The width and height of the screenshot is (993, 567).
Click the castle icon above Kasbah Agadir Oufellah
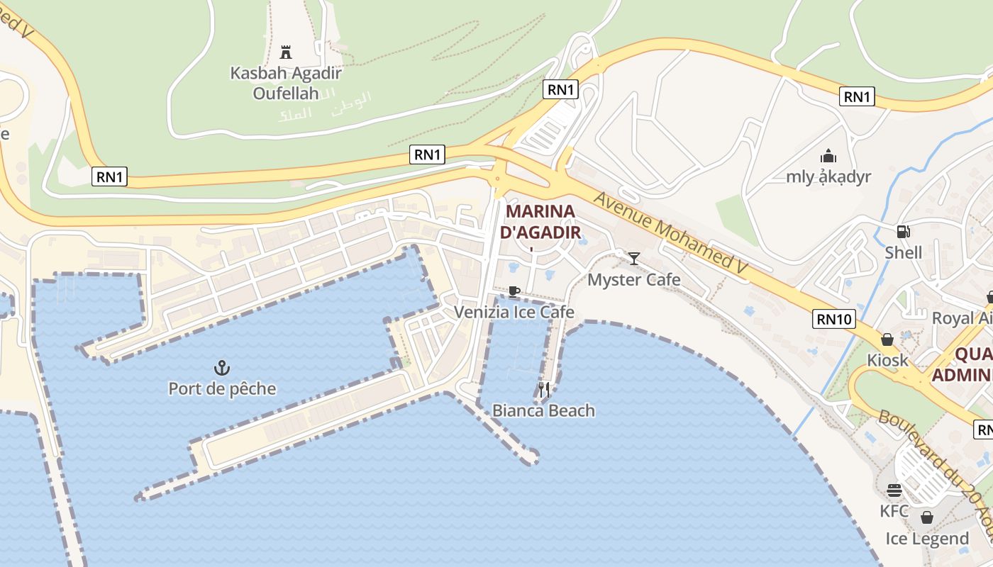click(286, 52)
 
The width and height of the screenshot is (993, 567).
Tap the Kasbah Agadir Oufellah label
click(286, 82)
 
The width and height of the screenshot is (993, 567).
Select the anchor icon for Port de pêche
click(222, 367)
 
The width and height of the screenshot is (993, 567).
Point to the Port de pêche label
click(222, 388)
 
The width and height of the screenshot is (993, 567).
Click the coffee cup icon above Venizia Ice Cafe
click(514, 291)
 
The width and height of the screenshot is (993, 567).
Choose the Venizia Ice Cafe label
click(514, 312)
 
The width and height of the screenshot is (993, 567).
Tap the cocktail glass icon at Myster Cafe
click(634, 259)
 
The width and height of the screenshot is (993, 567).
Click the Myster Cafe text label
click(634, 280)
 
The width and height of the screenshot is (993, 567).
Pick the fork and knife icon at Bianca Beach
click(544, 389)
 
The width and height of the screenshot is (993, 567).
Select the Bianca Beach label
click(544, 410)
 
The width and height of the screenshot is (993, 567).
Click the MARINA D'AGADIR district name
click(540, 221)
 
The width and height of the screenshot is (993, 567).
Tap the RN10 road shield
click(835, 319)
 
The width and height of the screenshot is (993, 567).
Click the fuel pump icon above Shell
click(904, 231)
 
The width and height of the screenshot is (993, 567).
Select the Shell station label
click(904, 252)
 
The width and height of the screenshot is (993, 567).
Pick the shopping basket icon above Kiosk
click(887, 339)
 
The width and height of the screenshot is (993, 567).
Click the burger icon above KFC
click(894, 490)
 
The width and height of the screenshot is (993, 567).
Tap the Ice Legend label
click(927, 539)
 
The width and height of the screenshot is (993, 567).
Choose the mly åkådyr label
click(828, 176)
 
